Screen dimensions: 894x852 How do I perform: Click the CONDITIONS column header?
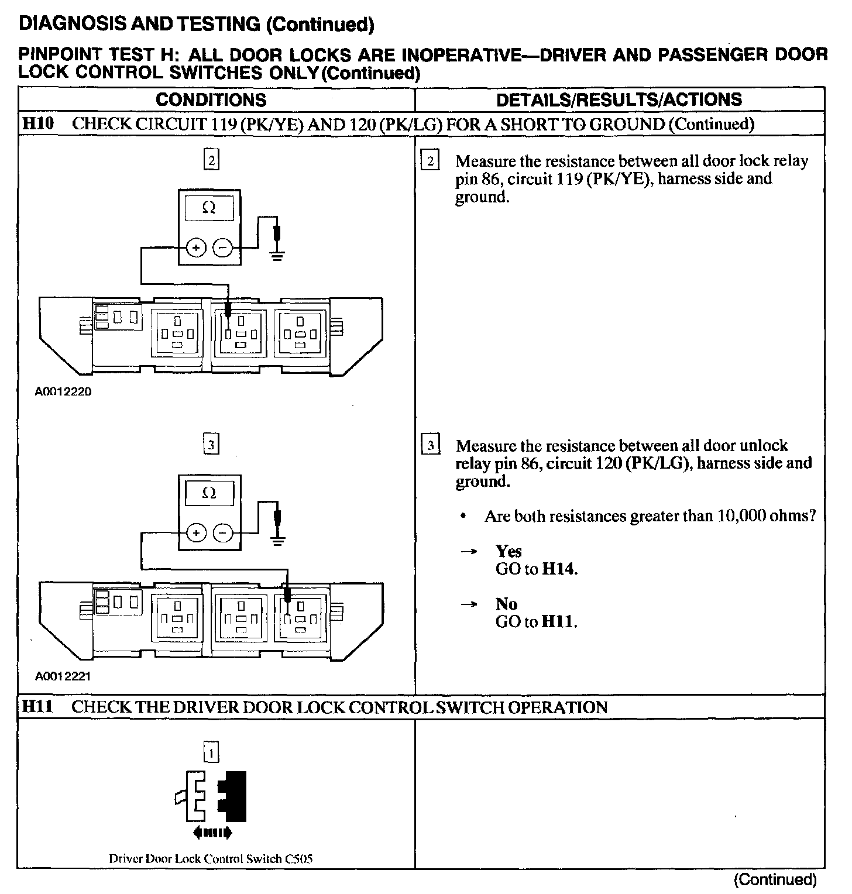pyautogui.click(x=211, y=99)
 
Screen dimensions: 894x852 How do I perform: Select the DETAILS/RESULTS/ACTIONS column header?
pyautogui.click(x=619, y=99)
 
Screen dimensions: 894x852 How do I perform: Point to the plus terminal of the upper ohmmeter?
pyautogui.click(x=196, y=248)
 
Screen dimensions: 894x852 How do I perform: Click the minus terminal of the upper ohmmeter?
pyautogui.click(x=222, y=248)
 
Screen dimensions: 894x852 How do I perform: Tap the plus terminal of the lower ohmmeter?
pyautogui.click(x=196, y=533)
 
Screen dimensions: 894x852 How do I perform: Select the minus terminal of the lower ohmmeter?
pyautogui.click(x=222, y=533)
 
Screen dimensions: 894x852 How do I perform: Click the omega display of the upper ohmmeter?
pyautogui.click(x=209, y=208)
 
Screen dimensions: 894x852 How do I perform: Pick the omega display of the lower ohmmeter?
pyautogui.click(x=209, y=493)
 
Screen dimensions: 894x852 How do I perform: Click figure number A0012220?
pyautogui.click(x=63, y=391)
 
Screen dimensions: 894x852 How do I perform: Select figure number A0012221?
pyautogui.click(x=63, y=677)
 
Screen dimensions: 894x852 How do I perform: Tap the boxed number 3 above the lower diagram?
pyautogui.click(x=211, y=445)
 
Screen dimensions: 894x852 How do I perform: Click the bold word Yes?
pyautogui.click(x=509, y=551)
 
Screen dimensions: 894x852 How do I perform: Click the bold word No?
pyautogui.click(x=506, y=604)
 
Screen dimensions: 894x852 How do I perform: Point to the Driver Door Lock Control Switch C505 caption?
pyautogui.click(x=211, y=859)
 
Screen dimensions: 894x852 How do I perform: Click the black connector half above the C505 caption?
pyautogui.click(x=234, y=796)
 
